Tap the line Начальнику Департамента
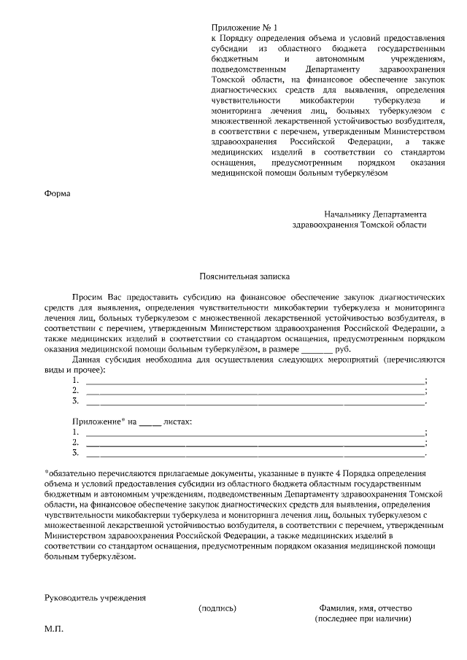pyautogui.click(x=376, y=214)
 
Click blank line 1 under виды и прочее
pyautogui.click(x=255, y=381)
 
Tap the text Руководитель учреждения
pyautogui.click(x=95, y=597)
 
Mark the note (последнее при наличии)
pyautogui.click(x=363, y=618)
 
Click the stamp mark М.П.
pyautogui.click(x=54, y=629)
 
